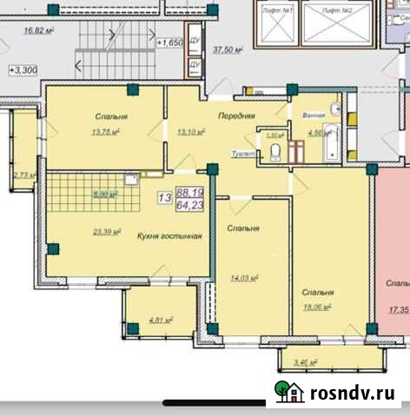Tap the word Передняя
coord(236,116)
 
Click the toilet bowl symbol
coord(274,153)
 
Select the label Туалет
coord(243,154)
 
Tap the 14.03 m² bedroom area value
coord(246,278)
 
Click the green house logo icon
coord(288,393)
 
